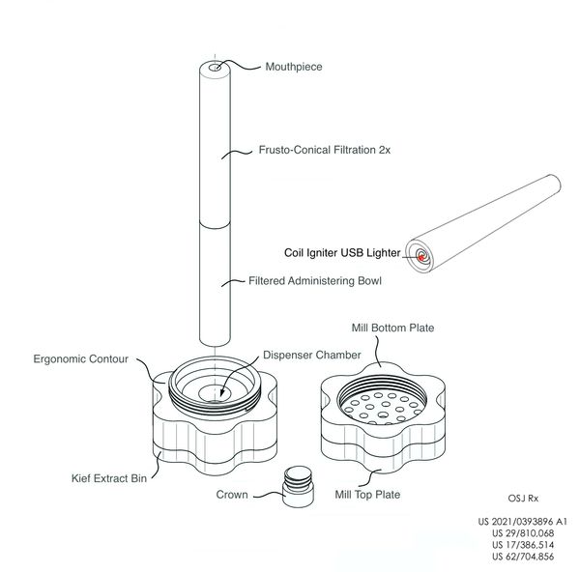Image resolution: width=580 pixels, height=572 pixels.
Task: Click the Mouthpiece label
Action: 294,67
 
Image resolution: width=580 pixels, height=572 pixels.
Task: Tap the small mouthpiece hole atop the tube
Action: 215,68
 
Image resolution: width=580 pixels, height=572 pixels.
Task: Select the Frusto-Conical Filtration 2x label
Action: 325,150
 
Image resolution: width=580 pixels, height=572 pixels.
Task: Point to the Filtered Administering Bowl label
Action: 315,280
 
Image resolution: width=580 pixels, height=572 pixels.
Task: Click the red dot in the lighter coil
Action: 420,258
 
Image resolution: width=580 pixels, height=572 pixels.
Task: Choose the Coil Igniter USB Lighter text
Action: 342,253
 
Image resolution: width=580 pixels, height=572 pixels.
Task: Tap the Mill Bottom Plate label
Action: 392,328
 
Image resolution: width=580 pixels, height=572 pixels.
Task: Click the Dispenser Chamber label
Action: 312,355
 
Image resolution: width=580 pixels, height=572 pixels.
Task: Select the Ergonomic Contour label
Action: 80,359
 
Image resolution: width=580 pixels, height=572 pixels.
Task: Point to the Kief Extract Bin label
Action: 109,478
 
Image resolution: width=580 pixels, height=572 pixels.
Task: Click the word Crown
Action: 232,495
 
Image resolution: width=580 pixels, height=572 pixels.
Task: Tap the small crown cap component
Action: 298,487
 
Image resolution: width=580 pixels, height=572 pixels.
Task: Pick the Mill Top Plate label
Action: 367,495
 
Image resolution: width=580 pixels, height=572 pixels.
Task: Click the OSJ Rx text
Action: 523,499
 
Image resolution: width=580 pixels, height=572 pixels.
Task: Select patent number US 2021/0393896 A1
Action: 522,522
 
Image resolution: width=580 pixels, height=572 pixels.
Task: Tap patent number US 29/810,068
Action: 523,533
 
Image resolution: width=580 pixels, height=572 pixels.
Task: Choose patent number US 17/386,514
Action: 523,545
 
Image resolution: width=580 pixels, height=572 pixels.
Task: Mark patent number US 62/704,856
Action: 523,557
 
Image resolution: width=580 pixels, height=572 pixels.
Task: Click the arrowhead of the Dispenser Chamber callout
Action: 222,392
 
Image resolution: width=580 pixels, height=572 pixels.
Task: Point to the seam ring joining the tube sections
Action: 215,227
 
